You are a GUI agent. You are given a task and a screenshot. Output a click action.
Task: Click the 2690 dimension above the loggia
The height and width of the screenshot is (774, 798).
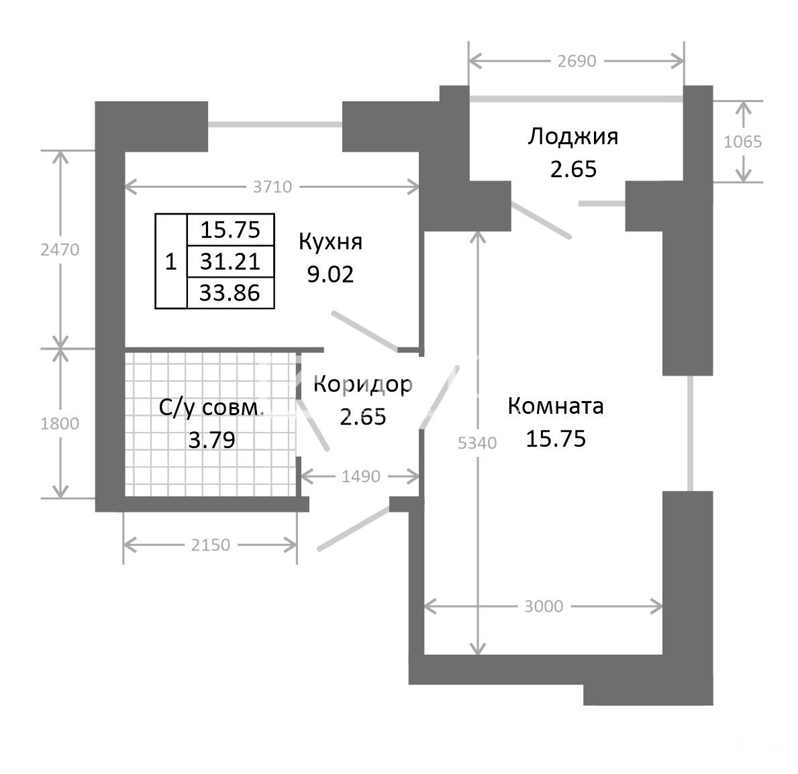point(577,61)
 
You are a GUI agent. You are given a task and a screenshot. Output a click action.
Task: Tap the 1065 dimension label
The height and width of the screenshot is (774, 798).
point(743,142)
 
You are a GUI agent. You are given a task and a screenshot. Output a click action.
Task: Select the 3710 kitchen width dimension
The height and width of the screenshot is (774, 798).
point(272,187)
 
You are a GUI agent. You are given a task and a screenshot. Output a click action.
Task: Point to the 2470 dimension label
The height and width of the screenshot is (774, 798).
point(60,250)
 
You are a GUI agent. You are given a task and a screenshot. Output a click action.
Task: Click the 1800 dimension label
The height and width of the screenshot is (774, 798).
point(60,424)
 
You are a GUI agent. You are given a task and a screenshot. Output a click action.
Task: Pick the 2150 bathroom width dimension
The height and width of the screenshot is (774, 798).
point(211,545)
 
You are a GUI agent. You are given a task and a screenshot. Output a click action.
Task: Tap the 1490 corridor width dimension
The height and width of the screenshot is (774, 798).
point(361,476)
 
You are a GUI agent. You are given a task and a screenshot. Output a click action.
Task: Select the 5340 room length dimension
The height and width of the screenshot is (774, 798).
point(477,443)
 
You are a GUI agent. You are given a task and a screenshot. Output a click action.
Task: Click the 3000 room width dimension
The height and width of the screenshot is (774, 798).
point(544,606)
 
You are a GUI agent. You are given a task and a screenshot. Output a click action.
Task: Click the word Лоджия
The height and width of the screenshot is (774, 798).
point(573,137)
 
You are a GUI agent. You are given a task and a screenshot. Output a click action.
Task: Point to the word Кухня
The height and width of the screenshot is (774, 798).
point(330,241)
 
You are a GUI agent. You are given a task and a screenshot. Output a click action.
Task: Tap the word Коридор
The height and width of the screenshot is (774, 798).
point(362,385)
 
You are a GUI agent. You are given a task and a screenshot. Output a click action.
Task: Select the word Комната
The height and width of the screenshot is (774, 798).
point(556,406)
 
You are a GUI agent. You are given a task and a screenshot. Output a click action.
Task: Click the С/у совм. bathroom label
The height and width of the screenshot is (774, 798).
point(211,408)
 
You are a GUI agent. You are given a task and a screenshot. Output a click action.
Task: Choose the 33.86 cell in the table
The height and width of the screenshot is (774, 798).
point(230,293)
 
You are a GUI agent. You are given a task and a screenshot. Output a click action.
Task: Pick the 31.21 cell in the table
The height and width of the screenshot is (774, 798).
point(230,262)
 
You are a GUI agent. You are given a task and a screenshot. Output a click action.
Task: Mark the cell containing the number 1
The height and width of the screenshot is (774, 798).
point(171,262)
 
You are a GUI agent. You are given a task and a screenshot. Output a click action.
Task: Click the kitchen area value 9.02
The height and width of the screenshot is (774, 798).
point(330,274)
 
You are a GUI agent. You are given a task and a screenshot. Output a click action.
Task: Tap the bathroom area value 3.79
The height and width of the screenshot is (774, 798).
point(211,440)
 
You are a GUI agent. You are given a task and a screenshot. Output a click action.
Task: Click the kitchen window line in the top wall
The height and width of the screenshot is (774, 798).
point(275,125)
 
